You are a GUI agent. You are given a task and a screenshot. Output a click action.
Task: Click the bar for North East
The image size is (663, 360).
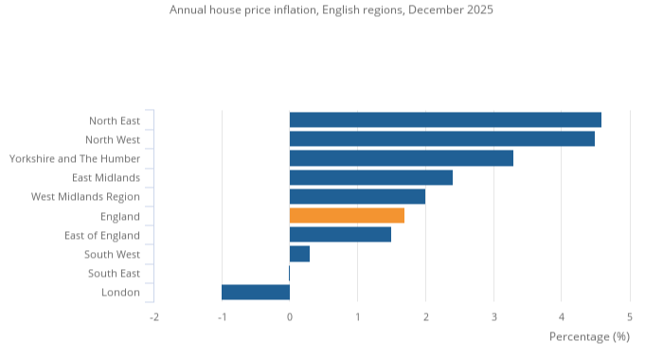coord(445,119)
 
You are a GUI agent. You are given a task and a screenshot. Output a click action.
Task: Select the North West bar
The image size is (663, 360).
coord(441,138)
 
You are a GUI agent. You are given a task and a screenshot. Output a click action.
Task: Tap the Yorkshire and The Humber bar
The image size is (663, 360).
coord(401,158)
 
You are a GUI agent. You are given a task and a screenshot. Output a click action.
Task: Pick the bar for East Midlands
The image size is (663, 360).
coord(370,177)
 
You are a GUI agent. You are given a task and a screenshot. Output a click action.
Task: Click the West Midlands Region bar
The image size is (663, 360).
coord(357,196)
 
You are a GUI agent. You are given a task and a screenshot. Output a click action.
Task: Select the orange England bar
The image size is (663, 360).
coord(347,216)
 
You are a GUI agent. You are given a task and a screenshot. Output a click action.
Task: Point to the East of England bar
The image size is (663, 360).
coord(340,235)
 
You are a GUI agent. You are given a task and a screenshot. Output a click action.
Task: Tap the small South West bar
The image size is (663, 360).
coord(299,254)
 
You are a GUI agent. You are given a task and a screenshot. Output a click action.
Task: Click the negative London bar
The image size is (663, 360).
coord(256,292)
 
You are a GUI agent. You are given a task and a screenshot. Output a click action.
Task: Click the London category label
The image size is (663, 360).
coord(120,292)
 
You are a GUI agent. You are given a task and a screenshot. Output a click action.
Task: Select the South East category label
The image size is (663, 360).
coord(114,273)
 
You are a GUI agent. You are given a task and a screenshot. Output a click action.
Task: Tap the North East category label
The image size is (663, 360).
coord(114,120)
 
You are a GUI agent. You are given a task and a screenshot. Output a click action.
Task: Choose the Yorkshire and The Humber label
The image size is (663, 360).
coord(74,158)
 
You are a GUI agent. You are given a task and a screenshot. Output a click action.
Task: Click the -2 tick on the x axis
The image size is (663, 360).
coord(152,316)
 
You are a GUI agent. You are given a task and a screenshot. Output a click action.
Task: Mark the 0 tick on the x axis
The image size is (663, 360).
coord(290,316)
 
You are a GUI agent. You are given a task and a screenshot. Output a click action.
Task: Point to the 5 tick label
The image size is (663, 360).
coord(630,316)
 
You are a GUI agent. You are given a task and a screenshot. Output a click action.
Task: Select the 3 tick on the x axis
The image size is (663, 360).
coord(493,316)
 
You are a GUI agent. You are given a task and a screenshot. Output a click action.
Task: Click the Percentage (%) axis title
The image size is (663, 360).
coord(589,336)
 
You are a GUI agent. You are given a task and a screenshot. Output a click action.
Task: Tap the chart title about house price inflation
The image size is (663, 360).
coord(331,9)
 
